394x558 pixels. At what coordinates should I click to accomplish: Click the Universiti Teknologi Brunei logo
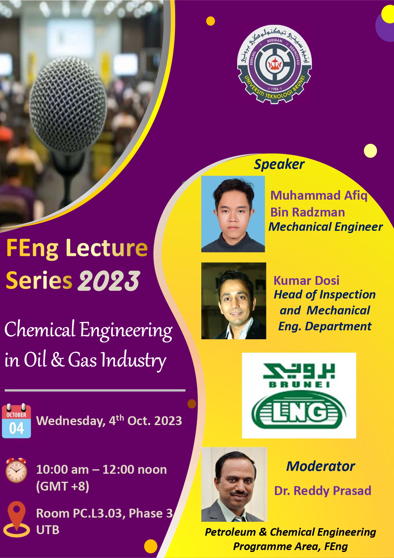click(275, 65)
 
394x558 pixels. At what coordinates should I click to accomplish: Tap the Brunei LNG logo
click(299, 395)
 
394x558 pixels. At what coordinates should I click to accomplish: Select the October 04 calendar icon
click(17, 421)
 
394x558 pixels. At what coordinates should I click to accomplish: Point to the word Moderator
click(321, 466)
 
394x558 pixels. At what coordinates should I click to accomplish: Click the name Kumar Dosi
click(306, 280)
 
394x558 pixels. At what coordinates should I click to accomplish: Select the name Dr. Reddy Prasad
click(323, 491)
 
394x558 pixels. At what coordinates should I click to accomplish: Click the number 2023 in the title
click(109, 281)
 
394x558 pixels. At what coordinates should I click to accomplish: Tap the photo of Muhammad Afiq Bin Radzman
click(233, 214)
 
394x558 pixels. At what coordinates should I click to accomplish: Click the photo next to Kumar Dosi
click(234, 301)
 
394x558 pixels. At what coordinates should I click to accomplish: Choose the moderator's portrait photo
click(234, 484)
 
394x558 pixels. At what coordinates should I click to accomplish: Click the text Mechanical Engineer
click(326, 227)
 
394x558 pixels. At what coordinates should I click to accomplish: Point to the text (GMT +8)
click(63, 486)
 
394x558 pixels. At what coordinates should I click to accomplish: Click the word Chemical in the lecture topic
click(40, 329)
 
